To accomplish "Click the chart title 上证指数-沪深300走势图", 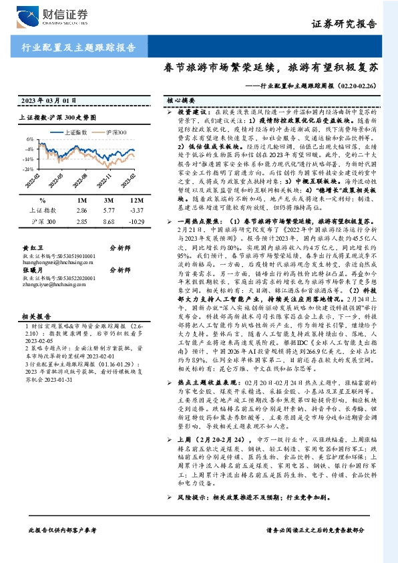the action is (x=66, y=116).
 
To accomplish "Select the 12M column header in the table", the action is (x=136, y=200).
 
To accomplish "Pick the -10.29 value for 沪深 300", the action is (x=136, y=220).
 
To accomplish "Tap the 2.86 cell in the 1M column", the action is (x=83, y=210).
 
